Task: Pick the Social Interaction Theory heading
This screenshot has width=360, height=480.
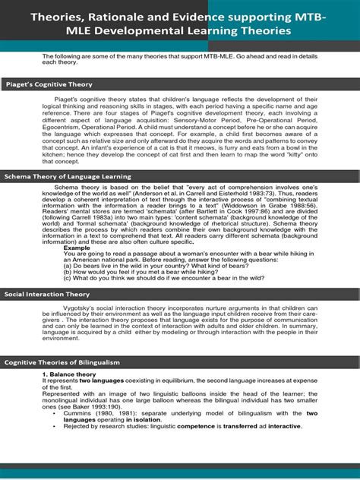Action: tap(47, 293)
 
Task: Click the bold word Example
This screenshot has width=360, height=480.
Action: tap(77, 247)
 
